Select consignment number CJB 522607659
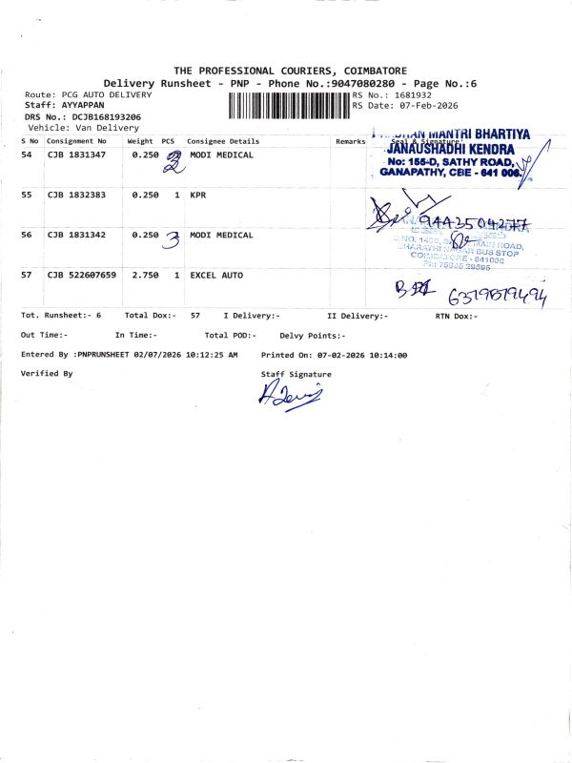pos(81,275)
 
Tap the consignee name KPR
pos(198,195)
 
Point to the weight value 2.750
pos(145,275)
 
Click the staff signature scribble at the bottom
pos(289,394)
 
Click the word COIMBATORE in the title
pos(371,71)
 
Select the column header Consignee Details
pos(223,141)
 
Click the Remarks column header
pos(350,141)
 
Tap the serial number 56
pos(27,235)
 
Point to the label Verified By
pos(47,374)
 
